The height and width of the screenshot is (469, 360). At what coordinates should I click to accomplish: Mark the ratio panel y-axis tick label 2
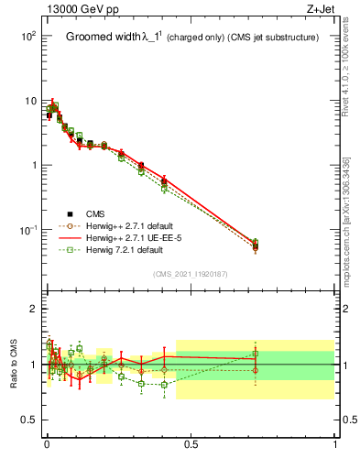click(34, 310)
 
